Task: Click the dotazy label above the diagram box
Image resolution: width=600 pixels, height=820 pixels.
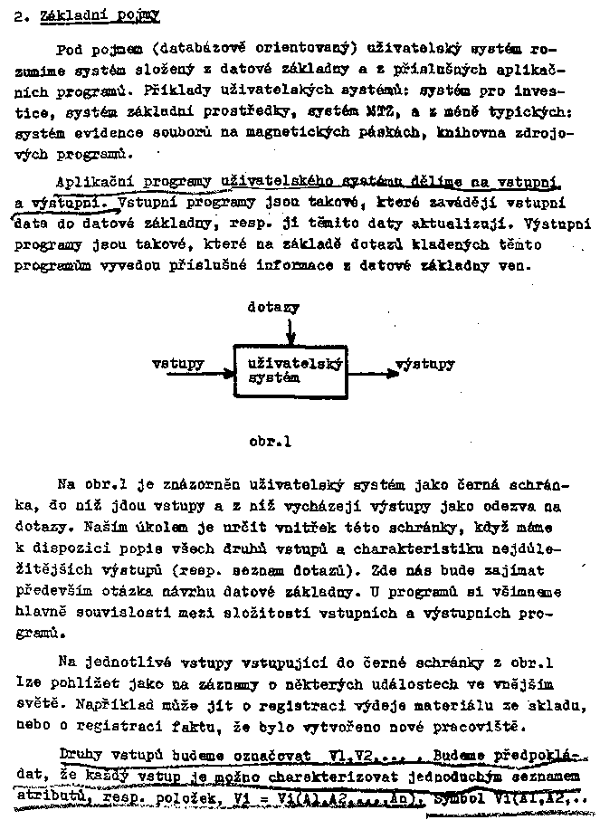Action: point(272,308)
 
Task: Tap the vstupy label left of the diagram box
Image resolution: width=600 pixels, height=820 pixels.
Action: point(177,364)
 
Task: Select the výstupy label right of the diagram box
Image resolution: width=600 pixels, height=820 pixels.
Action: point(425,364)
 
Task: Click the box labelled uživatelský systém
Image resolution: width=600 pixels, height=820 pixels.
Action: point(290,371)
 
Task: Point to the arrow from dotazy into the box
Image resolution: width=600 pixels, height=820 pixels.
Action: point(289,330)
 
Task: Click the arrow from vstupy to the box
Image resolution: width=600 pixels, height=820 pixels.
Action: point(220,366)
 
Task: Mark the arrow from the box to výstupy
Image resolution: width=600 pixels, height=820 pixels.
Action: point(371,367)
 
